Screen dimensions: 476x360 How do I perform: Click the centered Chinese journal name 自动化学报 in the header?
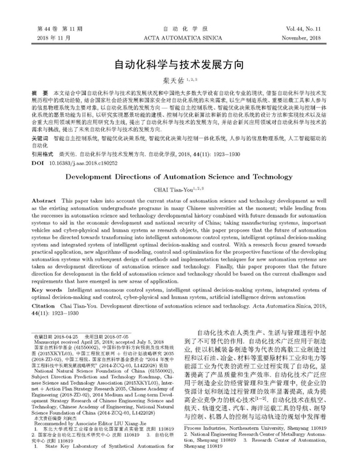(x=180, y=28)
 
